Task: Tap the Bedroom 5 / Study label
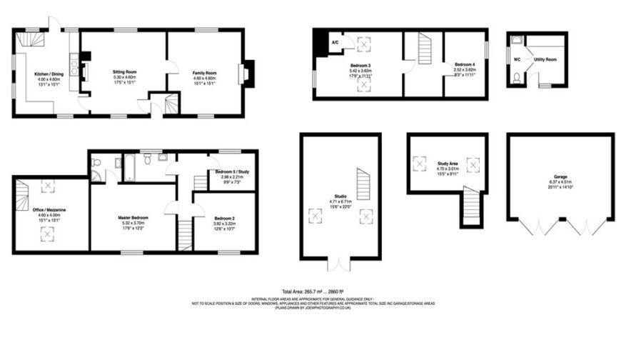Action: (x=232, y=172)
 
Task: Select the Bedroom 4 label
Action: (x=464, y=64)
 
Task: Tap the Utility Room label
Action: (x=546, y=59)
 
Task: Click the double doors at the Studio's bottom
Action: (x=340, y=264)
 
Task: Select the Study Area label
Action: (x=448, y=164)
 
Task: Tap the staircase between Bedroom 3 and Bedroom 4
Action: (x=424, y=50)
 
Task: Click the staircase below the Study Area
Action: (x=471, y=206)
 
